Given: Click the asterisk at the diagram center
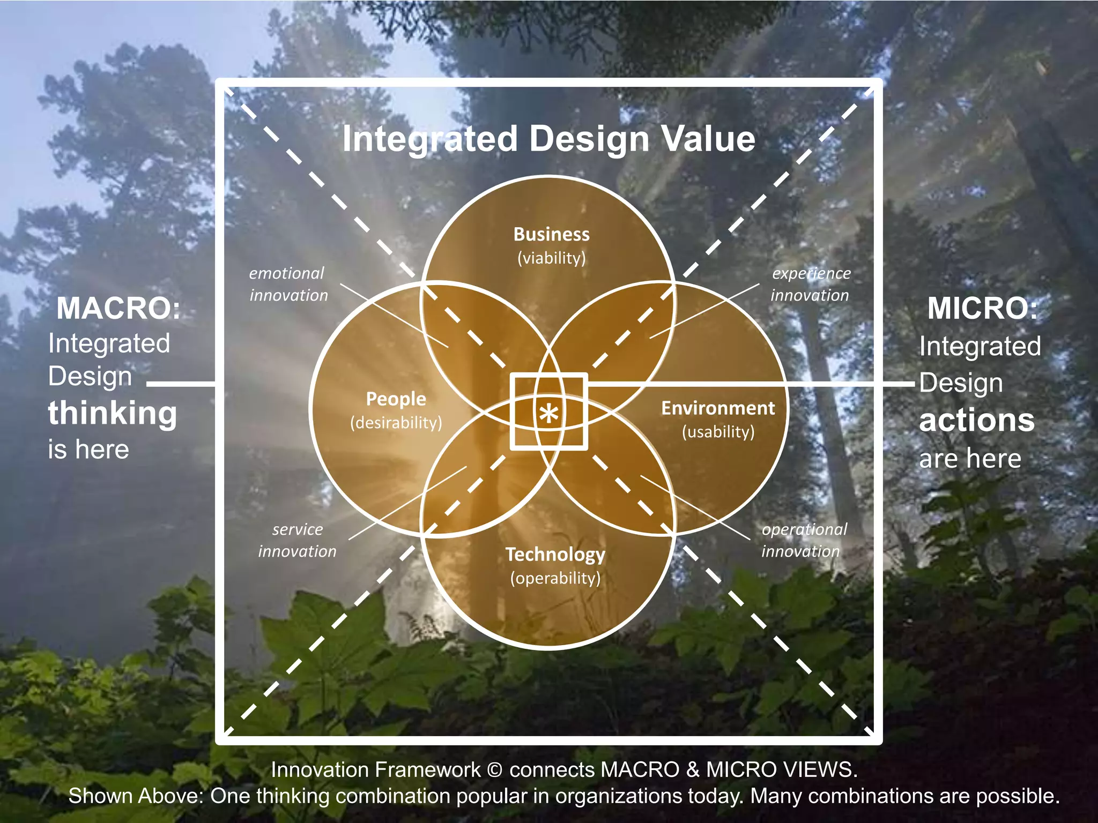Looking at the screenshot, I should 549,414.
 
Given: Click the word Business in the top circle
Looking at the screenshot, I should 551,235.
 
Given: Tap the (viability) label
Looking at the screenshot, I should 551,258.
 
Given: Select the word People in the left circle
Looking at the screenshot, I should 396,399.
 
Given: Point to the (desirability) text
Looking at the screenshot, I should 396,423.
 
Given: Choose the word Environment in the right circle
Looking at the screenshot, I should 718,408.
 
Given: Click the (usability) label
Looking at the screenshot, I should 718,432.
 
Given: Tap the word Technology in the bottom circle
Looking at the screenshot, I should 555,555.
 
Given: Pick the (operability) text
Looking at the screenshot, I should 555,578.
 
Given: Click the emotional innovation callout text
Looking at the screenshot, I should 288,285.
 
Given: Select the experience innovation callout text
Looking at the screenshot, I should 810,285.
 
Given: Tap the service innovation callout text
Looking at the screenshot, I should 297,541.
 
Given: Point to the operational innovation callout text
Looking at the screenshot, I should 803,541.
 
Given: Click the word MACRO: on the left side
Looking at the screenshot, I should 118,309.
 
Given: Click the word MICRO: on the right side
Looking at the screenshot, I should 982,309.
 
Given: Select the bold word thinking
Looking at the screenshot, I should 112,413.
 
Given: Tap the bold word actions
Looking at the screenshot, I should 976,420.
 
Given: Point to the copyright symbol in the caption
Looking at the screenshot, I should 495,770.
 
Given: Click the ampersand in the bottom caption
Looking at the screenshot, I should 693,770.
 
